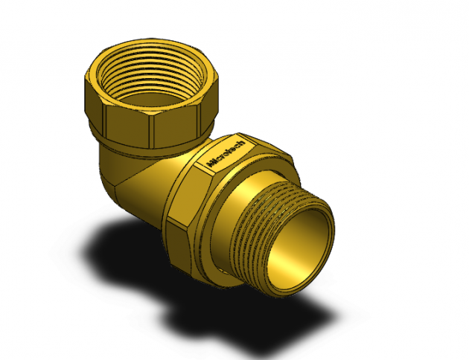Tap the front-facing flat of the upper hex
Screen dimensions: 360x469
tap(128, 125)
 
